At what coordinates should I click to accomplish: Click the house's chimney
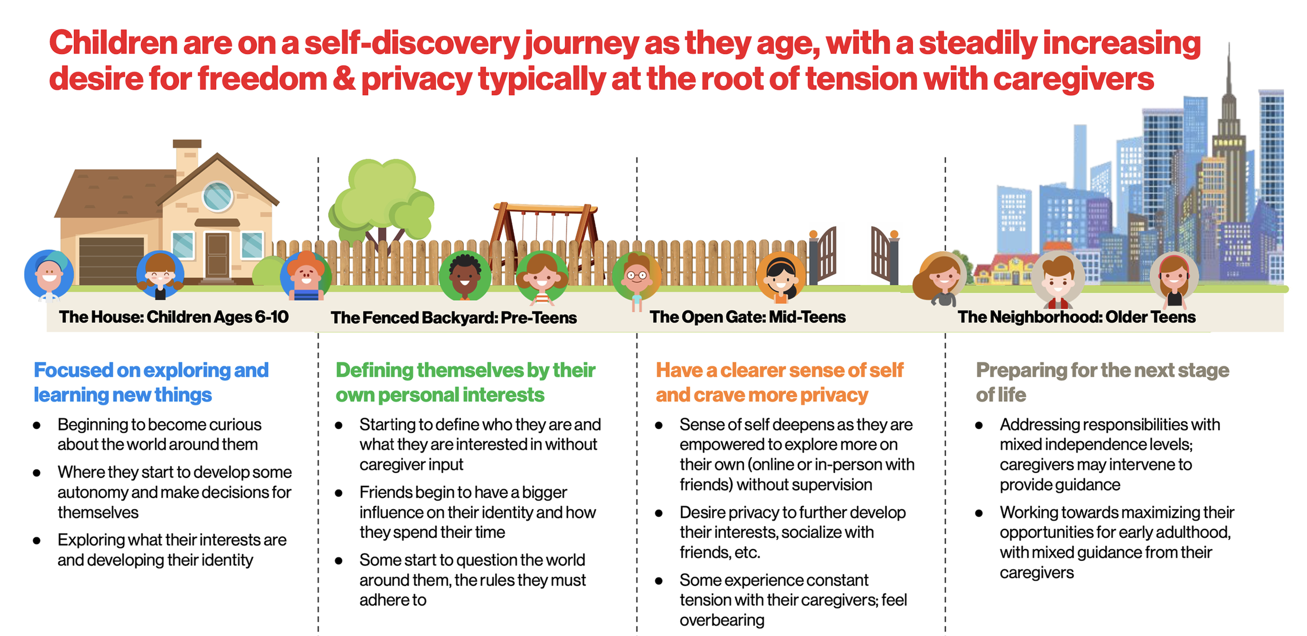[187, 157]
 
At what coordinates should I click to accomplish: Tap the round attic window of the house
[217, 196]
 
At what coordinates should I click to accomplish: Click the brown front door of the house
[216, 255]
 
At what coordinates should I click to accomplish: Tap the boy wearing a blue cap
[49, 275]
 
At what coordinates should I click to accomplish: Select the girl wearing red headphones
[1174, 277]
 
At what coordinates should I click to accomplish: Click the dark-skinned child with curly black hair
[464, 276]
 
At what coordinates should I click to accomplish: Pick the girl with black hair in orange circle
[781, 276]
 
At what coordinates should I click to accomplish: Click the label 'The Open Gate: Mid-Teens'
[747, 317]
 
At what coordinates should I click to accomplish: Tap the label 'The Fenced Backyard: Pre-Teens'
[453, 318]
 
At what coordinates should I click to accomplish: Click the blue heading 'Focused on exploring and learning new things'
[151, 382]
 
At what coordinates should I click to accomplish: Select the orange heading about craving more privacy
[779, 382]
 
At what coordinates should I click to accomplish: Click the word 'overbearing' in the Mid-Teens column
[721, 620]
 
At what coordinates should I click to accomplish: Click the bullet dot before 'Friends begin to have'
[339, 493]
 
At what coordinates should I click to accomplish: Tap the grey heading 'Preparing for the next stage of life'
[1102, 382]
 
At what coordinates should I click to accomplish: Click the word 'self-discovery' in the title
[411, 43]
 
